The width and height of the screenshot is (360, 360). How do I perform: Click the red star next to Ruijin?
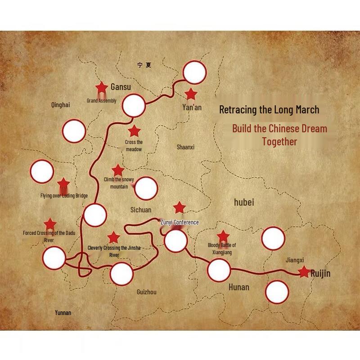tap(304, 272)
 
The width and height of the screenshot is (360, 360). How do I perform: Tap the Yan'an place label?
tap(192, 108)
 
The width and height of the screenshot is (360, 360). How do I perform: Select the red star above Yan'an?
tap(191, 94)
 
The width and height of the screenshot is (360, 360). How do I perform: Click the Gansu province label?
tap(121, 87)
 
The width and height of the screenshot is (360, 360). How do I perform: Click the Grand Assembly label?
tap(102, 101)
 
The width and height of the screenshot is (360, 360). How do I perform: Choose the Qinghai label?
tap(61, 105)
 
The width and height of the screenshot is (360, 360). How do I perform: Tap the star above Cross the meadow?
tap(134, 131)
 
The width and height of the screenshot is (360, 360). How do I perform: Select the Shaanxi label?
tap(185, 147)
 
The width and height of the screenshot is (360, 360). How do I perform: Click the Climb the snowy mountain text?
tap(119, 183)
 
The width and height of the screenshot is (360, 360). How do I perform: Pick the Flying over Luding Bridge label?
tap(64, 196)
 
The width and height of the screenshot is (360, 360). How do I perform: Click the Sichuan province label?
tap(141, 210)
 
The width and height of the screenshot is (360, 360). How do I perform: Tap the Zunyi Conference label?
tap(180, 222)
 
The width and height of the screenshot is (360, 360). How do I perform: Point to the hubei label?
tap(244, 202)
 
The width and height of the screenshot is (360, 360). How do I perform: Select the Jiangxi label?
tap(295, 260)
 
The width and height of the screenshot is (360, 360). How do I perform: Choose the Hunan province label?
tap(238, 287)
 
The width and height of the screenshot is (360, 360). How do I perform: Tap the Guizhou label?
tap(147, 292)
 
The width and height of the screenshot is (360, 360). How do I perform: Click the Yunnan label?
tap(63, 313)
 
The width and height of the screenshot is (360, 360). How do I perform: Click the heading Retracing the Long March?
tap(269, 109)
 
